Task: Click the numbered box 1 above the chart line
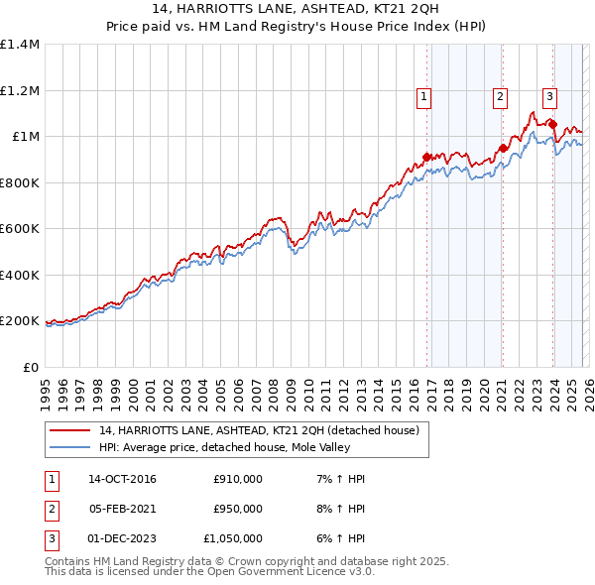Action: [x=423, y=96]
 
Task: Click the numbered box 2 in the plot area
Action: [x=499, y=96]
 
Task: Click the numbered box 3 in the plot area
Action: [x=548, y=96]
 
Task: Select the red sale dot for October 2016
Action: [x=427, y=157]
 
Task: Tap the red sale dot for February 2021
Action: [x=503, y=148]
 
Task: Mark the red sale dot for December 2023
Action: [x=552, y=125]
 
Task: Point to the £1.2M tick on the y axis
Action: [x=19, y=90]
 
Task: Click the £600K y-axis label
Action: [x=19, y=228]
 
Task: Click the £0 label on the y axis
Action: [x=30, y=367]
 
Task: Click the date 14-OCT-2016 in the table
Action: [x=122, y=479]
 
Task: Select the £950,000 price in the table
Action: [x=238, y=509]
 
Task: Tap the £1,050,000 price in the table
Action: [x=233, y=538]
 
